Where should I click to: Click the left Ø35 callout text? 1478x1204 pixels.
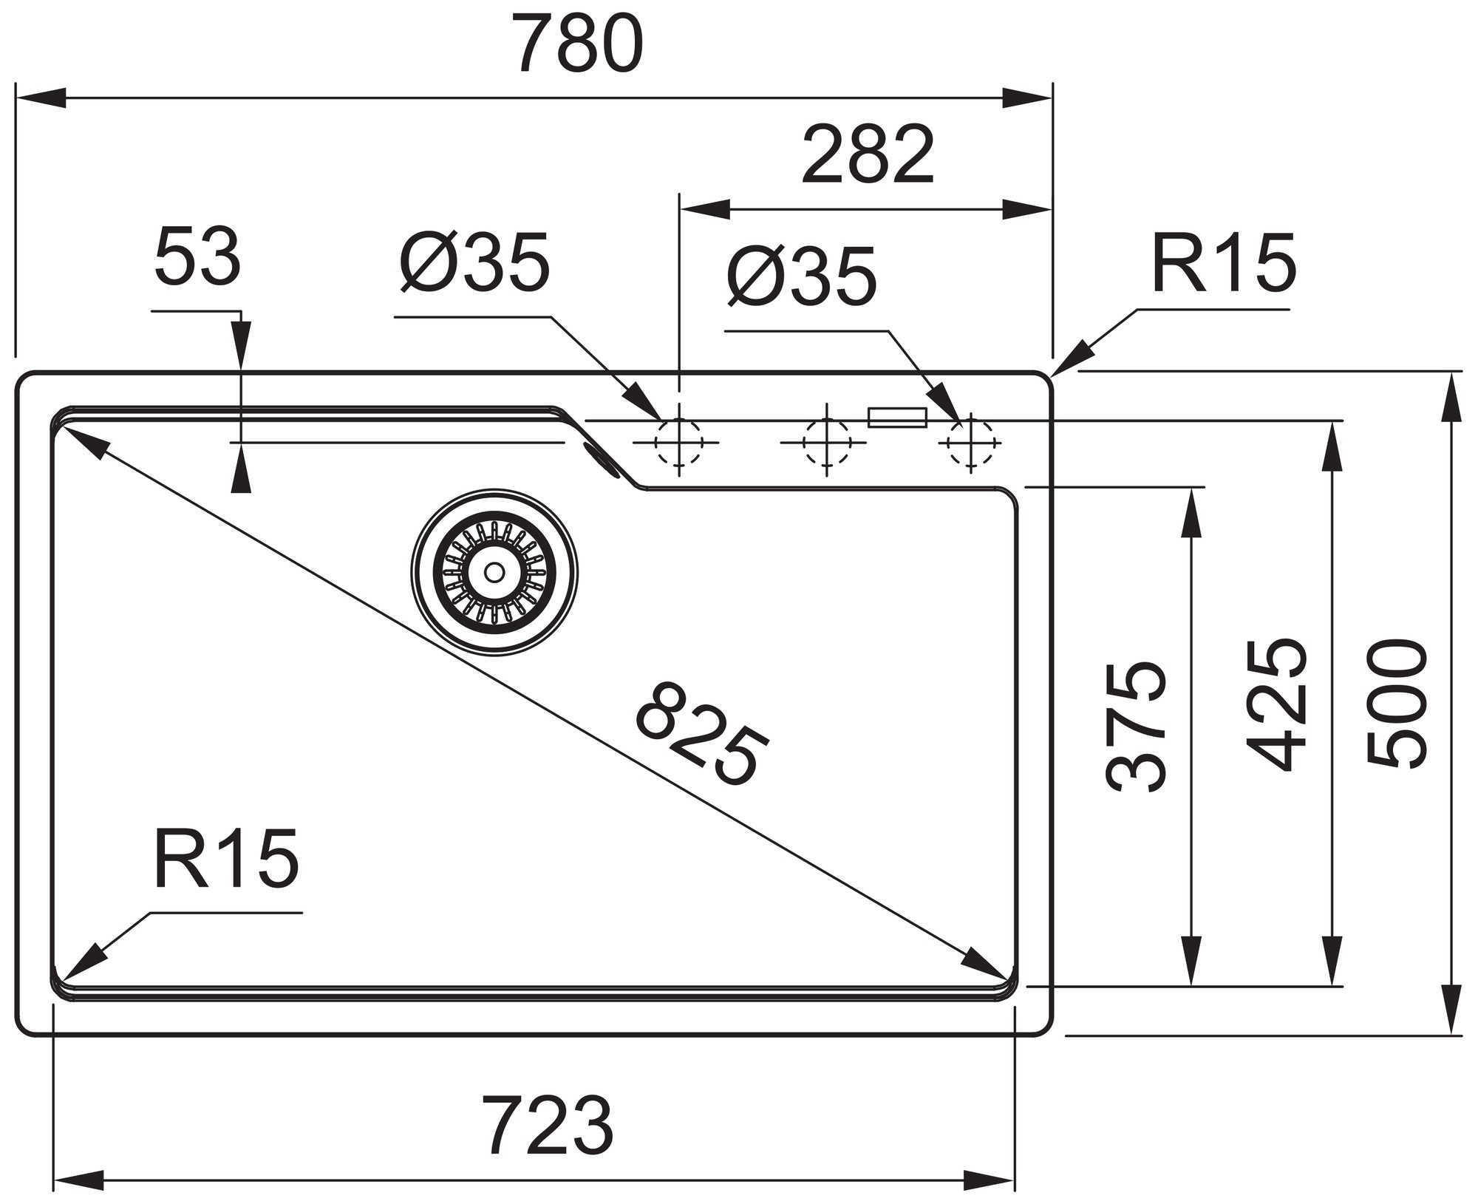tap(475, 262)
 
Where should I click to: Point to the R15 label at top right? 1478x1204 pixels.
tap(1223, 263)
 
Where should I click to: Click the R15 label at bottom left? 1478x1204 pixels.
tap(226, 859)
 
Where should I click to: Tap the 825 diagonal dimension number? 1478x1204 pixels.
tap(702, 735)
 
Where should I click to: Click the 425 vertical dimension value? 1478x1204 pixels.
tap(1276, 704)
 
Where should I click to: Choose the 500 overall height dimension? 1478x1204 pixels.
tap(1396, 704)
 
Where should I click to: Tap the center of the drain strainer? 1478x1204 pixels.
tap(494, 572)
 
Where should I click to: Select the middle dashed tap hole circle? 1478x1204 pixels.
tap(826, 443)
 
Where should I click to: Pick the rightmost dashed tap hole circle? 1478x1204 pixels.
tap(970, 443)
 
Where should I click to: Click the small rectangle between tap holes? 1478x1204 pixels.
tap(897, 417)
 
